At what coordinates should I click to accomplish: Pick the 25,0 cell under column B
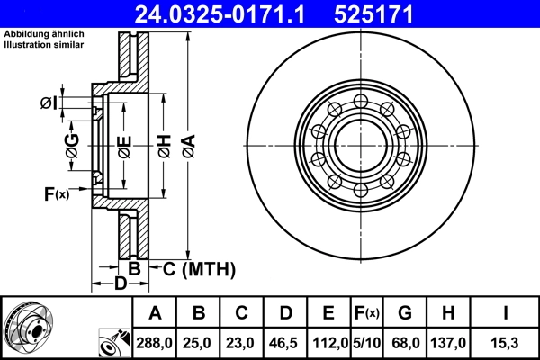(x=199, y=344)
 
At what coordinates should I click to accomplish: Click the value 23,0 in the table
(x=242, y=344)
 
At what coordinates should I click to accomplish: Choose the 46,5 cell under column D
(x=285, y=344)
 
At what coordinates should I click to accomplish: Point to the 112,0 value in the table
(x=329, y=344)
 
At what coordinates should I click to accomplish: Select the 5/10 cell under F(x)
(x=365, y=344)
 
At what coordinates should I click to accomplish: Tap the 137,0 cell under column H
(x=447, y=344)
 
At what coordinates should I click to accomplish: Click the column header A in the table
(x=155, y=314)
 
